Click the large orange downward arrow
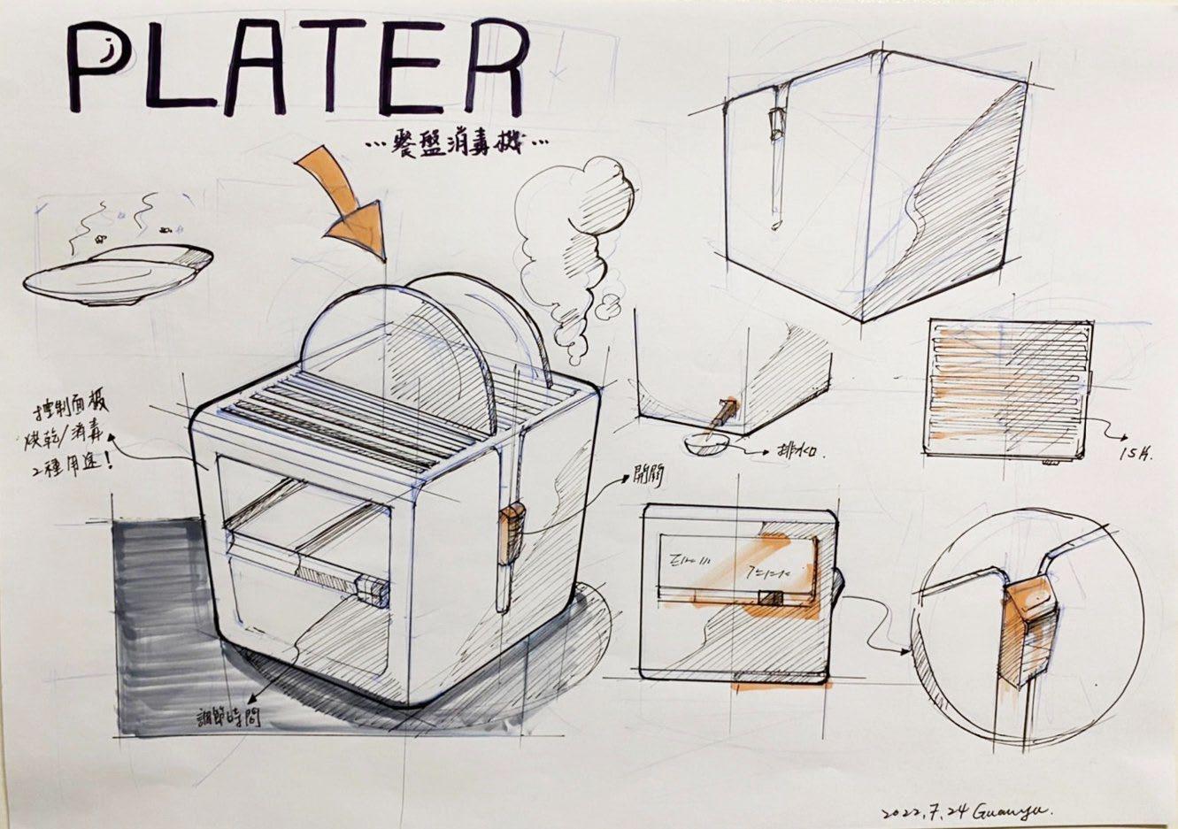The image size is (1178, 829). [347, 203]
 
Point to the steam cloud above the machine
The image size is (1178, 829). [576, 257]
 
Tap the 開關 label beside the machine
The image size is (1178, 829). [649, 479]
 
